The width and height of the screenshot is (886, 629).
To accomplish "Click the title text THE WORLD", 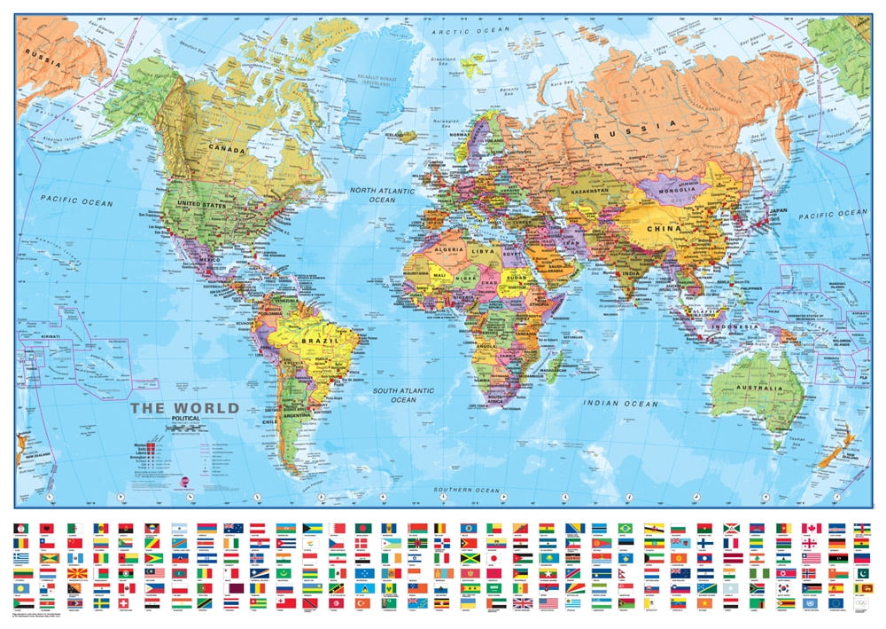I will pyautogui.click(x=184, y=408).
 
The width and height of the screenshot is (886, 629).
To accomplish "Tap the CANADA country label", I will pyautogui.click(x=225, y=150).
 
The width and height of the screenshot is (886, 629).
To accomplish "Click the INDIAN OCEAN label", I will pyautogui.click(x=620, y=404).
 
